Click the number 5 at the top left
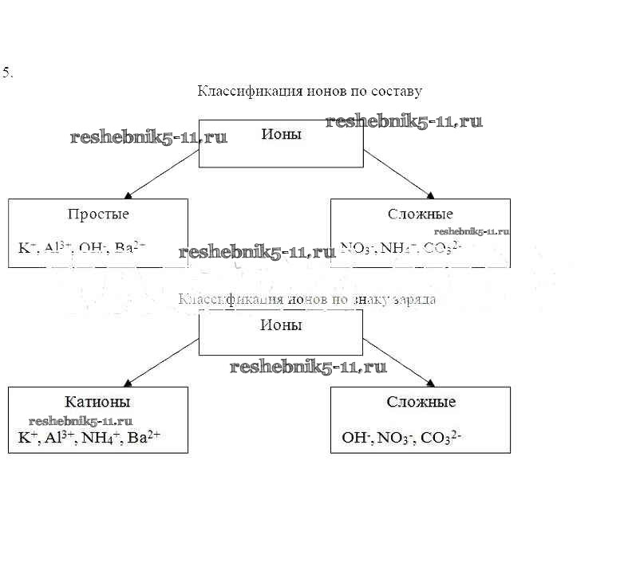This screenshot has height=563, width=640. tap(7, 73)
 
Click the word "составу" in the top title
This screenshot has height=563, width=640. tap(394, 91)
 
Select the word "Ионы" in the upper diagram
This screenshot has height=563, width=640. tap(281, 134)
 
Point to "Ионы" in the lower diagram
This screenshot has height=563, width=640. tap(281, 325)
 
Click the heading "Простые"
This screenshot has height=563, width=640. tap(98, 214)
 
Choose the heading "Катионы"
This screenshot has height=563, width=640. tap(97, 402)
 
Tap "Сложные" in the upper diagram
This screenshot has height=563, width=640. tap(420, 214)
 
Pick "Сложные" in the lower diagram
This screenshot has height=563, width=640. tap(421, 402)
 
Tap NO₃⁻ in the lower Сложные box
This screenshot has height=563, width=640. tap(393, 437)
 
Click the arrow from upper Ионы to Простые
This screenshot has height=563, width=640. tap(162, 173)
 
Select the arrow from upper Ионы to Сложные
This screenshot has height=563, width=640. tap(400, 173)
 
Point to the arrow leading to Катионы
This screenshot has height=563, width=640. tap(162, 361)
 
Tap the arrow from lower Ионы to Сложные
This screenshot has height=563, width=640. tap(399, 361)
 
